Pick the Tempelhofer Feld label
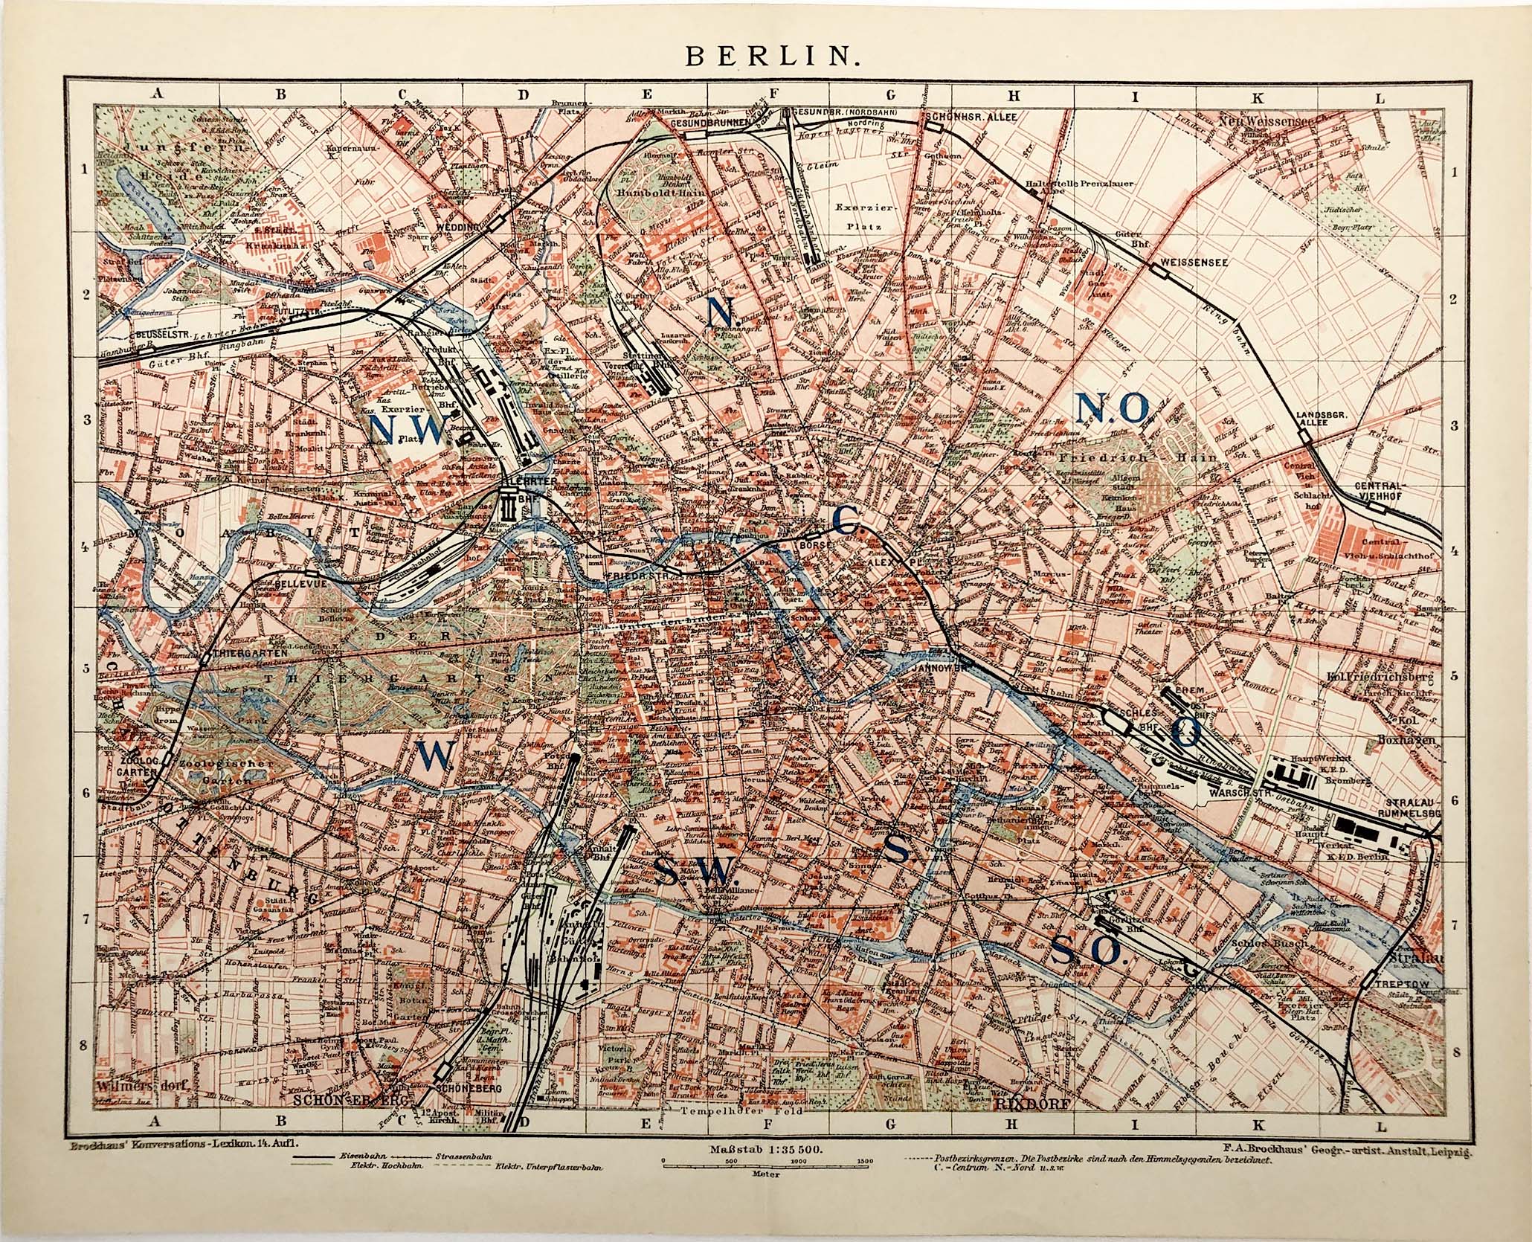(732, 1132)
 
